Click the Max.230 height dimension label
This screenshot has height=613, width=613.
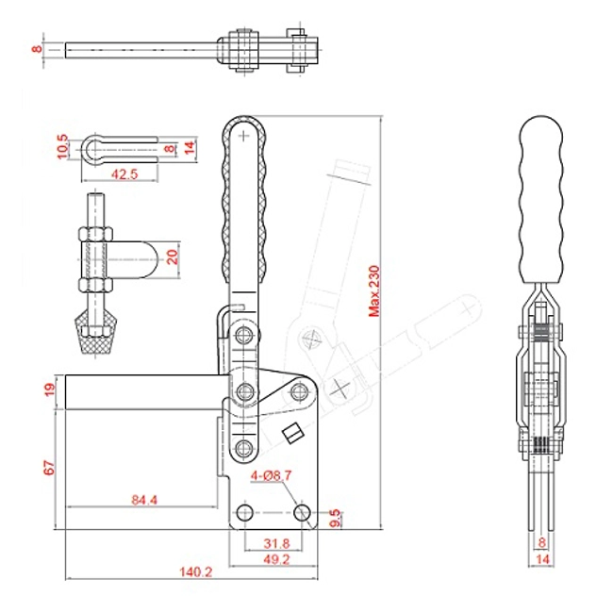coord(374,290)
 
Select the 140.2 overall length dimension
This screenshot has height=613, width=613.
coord(195,572)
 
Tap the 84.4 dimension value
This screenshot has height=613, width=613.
coord(144,500)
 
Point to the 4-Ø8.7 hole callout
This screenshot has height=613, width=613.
coord(271,475)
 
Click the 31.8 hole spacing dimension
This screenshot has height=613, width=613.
coord(276,543)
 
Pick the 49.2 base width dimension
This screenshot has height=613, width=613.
coord(276,559)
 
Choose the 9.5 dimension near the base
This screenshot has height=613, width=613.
coord(335,518)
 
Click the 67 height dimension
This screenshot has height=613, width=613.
coord(49,468)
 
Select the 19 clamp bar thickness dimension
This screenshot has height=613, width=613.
coord(50,389)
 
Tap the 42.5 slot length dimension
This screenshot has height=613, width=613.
coord(124,174)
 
